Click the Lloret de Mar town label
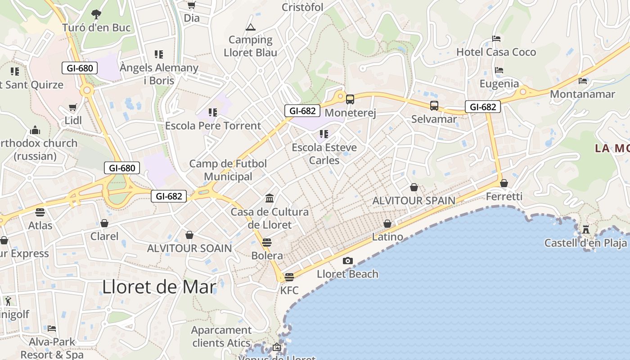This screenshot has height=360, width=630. (x=159, y=287)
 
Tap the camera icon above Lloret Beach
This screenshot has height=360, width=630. (x=347, y=261)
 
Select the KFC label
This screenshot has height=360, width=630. (x=289, y=290)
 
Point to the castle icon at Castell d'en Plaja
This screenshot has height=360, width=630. (x=586, y=229)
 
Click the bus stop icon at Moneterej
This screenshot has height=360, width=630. (x=350, y=99)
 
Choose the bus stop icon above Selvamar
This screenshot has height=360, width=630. (x=434, y=106)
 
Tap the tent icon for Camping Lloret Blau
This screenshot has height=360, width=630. (x=251, y=27)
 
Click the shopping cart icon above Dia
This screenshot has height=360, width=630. (x=192, y=5)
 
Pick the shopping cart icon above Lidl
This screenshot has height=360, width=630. (x=73, y=108)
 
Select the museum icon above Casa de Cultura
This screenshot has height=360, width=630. (x=270, y=198)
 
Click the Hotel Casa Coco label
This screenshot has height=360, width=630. (x=496, y=52)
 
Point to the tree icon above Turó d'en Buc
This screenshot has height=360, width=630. (x=96, y=14)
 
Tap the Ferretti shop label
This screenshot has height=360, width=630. (x=504, y=197)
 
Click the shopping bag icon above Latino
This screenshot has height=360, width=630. (x=387, y=224)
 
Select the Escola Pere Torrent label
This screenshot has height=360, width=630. (x=213, y=126)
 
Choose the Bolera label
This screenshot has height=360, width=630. (x=267, y=256)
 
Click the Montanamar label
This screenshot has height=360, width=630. (x=582, y=94)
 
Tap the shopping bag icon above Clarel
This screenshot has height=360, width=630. (x=104, y=223)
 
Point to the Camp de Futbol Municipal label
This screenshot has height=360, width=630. (x=228, y=170)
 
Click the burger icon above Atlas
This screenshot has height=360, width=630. (x=40, y=212)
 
